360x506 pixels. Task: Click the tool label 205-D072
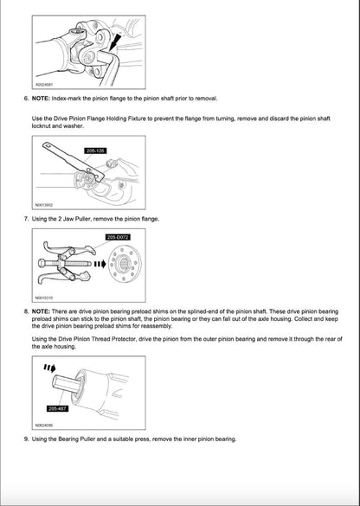117,236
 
